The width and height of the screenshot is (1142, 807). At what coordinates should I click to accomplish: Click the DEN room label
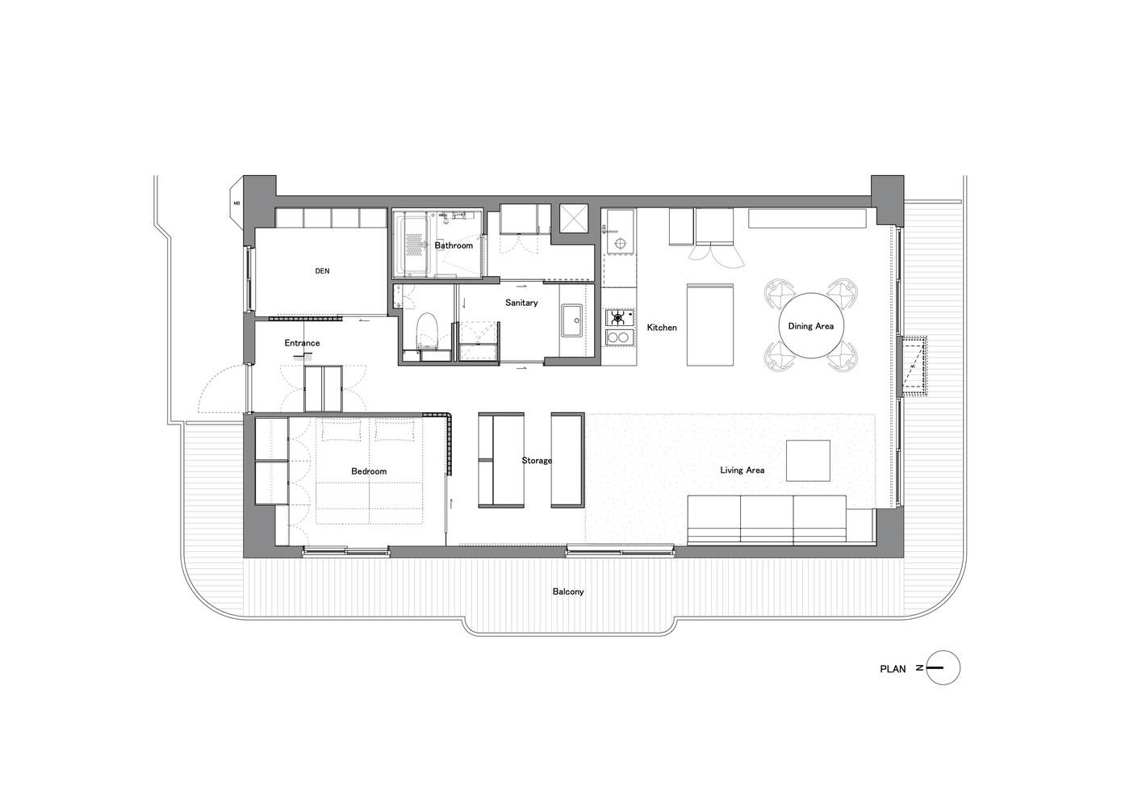tap(322, 271)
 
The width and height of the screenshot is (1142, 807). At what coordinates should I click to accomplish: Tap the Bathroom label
tap(454, 245)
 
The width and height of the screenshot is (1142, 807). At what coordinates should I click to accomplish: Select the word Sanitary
tap(521, 303)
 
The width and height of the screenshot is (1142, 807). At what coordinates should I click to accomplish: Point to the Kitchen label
tap(662, 328)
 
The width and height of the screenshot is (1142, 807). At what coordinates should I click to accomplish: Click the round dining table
tap(810, 325)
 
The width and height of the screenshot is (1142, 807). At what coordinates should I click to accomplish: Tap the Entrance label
tap(303, 343)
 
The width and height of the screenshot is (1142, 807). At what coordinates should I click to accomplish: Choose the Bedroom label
tap(369, 471)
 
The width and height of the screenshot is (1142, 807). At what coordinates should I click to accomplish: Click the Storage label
tap(537, 460)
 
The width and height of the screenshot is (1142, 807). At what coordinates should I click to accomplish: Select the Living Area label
tap(742, 470)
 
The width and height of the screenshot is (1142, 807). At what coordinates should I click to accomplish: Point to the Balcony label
tap(568, 592)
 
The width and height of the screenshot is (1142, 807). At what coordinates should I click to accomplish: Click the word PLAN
tap(893, 669)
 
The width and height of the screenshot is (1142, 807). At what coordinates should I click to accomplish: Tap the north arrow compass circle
tap(943, 668)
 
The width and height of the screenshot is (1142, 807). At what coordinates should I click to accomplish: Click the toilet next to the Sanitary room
tap(426, 331)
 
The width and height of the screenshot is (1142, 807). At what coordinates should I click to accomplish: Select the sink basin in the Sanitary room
tap(572, 320)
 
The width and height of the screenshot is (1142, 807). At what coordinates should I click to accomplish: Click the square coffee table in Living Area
tap(808, 461)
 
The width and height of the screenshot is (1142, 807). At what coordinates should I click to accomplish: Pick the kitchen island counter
tap(709, 325)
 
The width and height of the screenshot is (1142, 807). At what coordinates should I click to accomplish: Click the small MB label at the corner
tap(236, 203)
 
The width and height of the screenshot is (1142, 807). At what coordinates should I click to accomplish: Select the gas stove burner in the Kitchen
tap(619, 318)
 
